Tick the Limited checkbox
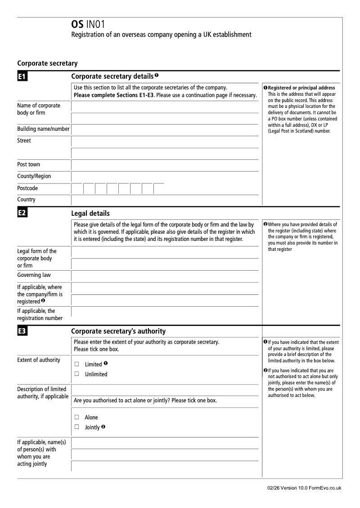coord(77,364)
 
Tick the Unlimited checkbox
coord(77,374)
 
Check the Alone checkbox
coord(77,417)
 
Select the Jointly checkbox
coord(77,427)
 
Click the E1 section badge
coord(22,77)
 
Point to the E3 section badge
coord(22,332)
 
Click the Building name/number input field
coord(165,129)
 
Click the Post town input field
coord(165,165)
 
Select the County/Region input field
coord(165,177)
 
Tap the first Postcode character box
coord(77,188)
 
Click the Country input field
coord(165,200)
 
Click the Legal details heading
coord(90,214)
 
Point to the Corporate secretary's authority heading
coord(118,331)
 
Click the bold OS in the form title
coord(77,25)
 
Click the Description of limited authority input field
coord(165,389)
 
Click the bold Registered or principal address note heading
coord(301,88)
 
